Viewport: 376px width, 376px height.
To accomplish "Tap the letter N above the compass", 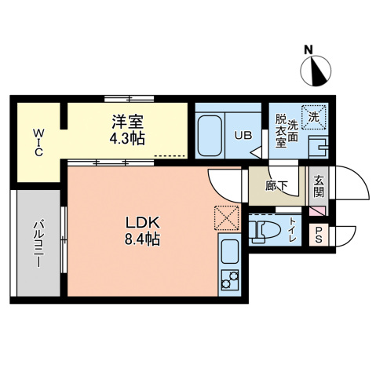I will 310,50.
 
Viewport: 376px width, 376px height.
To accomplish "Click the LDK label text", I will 143,222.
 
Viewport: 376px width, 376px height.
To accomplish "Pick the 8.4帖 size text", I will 143,239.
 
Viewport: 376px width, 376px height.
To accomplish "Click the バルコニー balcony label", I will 37,244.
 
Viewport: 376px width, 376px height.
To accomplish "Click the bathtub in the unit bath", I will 210,136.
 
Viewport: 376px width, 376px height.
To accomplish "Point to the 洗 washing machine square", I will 314,117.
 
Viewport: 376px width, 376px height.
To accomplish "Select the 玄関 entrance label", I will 320,187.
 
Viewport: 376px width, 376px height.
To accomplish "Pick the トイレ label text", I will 293,230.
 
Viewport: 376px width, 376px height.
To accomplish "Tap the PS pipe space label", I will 320,234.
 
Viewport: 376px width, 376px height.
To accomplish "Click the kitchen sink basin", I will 229,253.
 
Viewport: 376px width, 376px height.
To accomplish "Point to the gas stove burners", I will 229,279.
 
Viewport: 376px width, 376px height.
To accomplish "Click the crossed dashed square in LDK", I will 226,217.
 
